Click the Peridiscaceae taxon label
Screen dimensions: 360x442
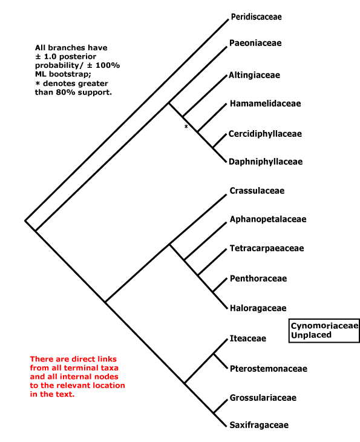256,17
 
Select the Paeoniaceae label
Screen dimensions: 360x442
255,43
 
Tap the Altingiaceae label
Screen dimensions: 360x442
254,75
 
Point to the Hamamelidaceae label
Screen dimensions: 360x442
266,104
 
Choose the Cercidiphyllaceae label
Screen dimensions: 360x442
265,134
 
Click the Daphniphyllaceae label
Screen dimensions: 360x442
266,162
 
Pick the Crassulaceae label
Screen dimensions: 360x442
257,191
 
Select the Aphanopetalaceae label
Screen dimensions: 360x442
268,219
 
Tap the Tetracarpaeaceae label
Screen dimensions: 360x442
267,248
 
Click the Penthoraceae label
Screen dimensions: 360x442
258,279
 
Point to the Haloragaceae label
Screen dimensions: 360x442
258,308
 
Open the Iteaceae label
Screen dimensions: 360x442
248,338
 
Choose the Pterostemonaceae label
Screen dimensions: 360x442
269,369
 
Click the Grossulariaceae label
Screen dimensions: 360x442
263,398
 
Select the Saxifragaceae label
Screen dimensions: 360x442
259,425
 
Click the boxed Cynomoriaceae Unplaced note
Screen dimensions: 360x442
324,331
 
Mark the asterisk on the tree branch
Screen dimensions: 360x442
186,127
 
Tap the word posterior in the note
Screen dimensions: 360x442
77,57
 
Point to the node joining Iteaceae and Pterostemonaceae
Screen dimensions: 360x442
214,354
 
